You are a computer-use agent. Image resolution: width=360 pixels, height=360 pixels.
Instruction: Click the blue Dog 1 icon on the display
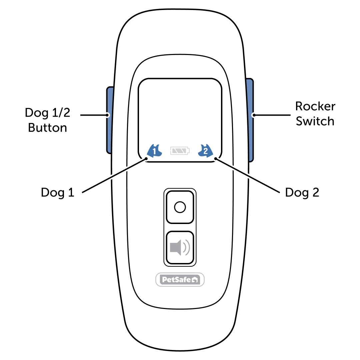point(154,151)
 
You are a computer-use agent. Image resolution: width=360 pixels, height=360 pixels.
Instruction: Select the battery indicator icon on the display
point(180,151)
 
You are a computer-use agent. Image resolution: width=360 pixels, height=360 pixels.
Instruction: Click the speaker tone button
point(180,247)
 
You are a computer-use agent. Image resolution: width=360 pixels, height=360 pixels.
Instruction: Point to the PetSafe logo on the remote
point(180,280)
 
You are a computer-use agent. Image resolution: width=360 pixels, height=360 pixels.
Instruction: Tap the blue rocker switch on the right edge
point(250,120)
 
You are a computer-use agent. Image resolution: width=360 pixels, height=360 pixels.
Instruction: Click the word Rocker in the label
point(315,106)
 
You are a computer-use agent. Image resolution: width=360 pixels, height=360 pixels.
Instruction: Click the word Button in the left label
point(47,127)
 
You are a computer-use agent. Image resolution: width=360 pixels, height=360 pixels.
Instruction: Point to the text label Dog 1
point(57,192)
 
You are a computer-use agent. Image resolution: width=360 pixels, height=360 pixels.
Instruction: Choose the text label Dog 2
point(302,192)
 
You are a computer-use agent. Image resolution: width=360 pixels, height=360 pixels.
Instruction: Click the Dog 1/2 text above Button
point(48,113)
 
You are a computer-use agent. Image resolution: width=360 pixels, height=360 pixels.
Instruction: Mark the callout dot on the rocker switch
point(253,115)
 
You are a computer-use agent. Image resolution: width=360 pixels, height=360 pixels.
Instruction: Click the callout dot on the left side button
point(107,115)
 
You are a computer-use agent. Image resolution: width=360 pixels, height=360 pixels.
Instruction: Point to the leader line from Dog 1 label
point(113,176)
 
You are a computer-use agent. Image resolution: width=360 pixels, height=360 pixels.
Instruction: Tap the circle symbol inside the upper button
point(180,207)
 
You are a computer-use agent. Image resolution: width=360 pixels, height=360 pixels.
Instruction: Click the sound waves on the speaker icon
point(187,247)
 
